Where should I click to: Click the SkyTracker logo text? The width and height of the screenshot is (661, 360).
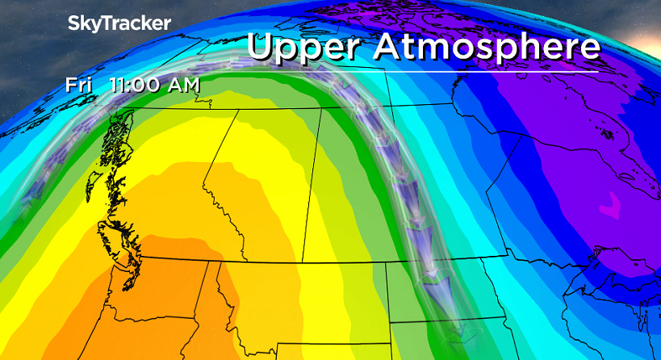pos(119,23)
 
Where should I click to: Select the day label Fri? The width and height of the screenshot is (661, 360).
pos(81,85)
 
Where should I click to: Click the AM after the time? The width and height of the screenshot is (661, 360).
pos(183,85)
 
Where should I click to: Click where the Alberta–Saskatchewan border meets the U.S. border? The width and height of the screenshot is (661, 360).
pos(303,262)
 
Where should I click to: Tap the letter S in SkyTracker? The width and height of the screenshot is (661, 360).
pos(74,23)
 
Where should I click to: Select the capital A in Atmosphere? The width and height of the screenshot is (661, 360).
pos(389,47)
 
